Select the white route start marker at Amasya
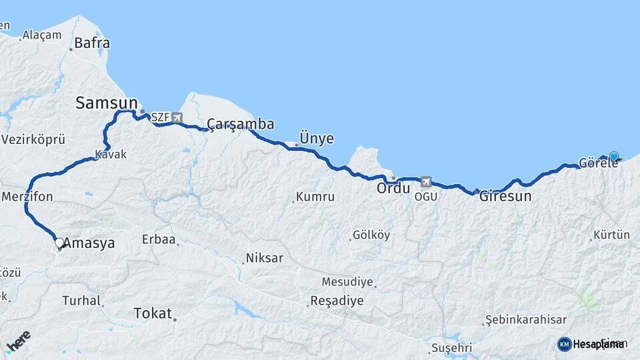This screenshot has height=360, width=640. pos(59,243)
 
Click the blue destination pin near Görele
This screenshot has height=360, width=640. pos(614,157)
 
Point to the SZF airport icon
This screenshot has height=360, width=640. pos(177,118)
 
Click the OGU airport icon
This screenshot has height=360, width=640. pos(426,181)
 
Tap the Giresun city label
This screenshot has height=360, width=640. pos(505,197)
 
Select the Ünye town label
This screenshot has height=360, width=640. pos(317,139)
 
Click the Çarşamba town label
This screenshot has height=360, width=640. pos(241,124)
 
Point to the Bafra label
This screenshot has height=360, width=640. pos(92,43)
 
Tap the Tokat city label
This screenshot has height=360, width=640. pos(153,313)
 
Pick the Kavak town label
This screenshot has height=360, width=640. pos(111,155)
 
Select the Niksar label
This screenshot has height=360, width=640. pos(265,258)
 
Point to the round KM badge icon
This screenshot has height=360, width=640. pos(564,344)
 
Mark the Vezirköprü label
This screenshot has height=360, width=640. pos(33,140)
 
